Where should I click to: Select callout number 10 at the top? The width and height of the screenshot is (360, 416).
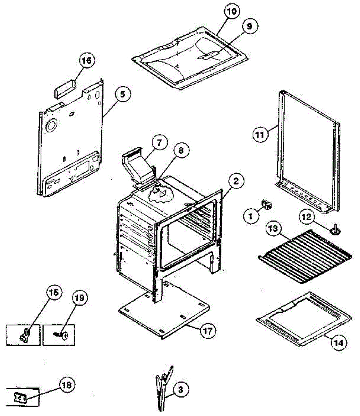tap(231, 11)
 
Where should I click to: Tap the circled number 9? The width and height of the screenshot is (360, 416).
tap(250, 26)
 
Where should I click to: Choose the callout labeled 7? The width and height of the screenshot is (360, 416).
tap(159, 142)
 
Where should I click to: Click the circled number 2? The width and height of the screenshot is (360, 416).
tap(235, 181)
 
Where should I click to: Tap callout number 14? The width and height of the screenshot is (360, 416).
tap(338, 343)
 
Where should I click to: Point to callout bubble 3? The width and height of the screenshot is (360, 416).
tap(180, 389)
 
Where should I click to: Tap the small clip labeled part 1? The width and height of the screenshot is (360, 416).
tap(267, 204)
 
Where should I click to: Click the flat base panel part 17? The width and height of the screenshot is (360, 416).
tap(164, 312)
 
